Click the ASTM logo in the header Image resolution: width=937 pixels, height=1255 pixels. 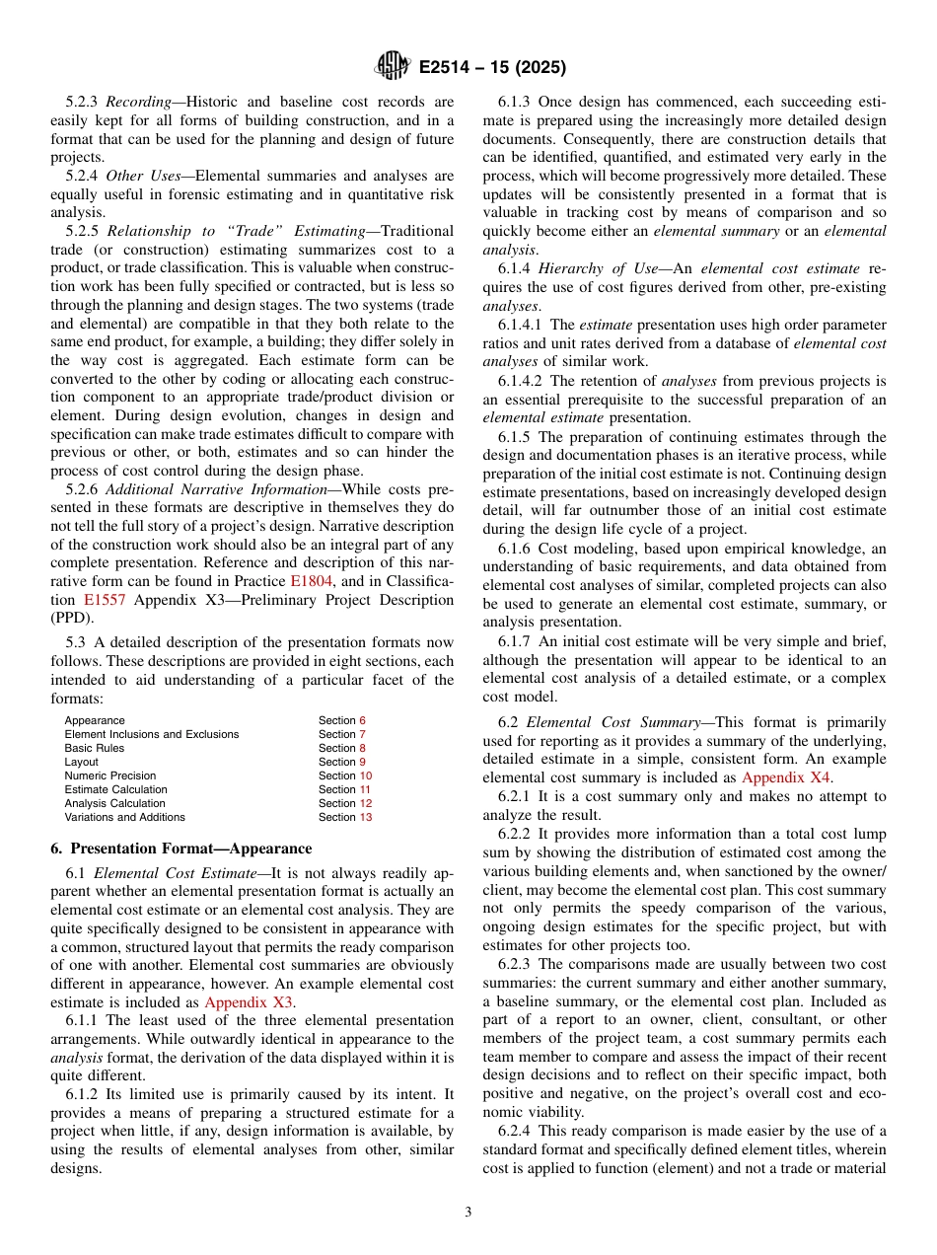pos(392,67)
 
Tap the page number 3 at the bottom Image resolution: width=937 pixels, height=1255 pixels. pos(468,1213)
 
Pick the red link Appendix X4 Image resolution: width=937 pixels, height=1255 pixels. pos(786,777)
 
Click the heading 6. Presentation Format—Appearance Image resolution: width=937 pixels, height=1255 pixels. pos(180,849)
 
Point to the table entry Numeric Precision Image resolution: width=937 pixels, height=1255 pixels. pos(110,775)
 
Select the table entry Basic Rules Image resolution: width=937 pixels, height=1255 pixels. pos(95,748)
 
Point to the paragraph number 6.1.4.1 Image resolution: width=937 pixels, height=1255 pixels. pos(522,325)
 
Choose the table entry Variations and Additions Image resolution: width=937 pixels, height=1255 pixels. pos(124,817)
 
